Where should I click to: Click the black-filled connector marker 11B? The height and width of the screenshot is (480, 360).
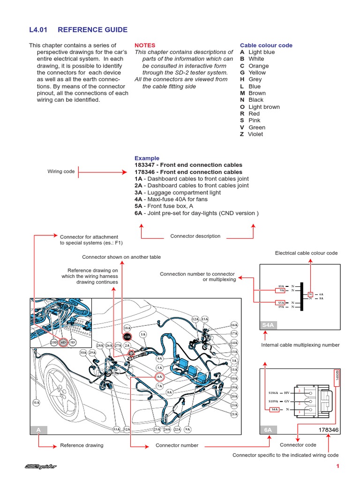[127, 337]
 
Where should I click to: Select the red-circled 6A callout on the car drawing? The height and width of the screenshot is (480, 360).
[159, 376]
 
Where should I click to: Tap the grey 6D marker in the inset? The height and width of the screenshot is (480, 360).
[63, 342]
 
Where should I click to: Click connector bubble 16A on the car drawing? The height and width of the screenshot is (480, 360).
[234, 325]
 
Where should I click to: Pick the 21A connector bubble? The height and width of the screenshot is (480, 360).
[234, 414]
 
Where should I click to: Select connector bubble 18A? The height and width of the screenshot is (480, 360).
[127, 328]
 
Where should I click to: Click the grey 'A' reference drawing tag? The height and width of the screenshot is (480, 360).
[38, 429]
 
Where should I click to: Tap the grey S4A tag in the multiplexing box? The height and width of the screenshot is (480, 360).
[268, 325]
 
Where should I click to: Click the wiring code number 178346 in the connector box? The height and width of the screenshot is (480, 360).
[328, 429]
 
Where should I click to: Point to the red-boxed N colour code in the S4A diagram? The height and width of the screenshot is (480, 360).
[310, 294]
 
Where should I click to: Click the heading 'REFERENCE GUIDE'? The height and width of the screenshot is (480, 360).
[92, 30]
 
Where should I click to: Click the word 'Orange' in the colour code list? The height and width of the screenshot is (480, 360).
[258, 66]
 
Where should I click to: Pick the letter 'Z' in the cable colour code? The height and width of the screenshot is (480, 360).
[242, 134]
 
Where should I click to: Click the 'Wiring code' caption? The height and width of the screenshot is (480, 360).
[61, 172]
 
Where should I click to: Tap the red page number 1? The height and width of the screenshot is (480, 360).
[337, 466]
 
